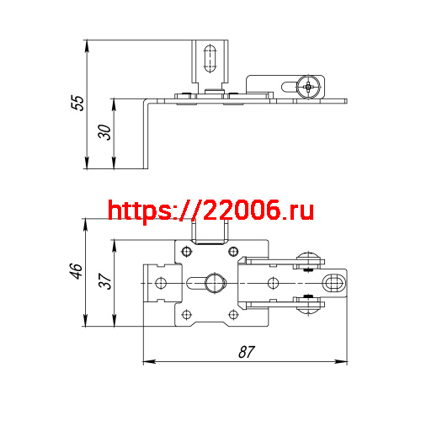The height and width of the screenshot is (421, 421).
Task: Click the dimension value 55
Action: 77,104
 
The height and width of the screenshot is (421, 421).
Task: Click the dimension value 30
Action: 103,134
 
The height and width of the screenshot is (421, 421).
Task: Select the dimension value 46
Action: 76,271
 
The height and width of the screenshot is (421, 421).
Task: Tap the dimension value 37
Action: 104,281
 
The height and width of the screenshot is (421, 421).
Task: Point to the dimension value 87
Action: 246,352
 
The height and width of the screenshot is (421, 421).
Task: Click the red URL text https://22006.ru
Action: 210,210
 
